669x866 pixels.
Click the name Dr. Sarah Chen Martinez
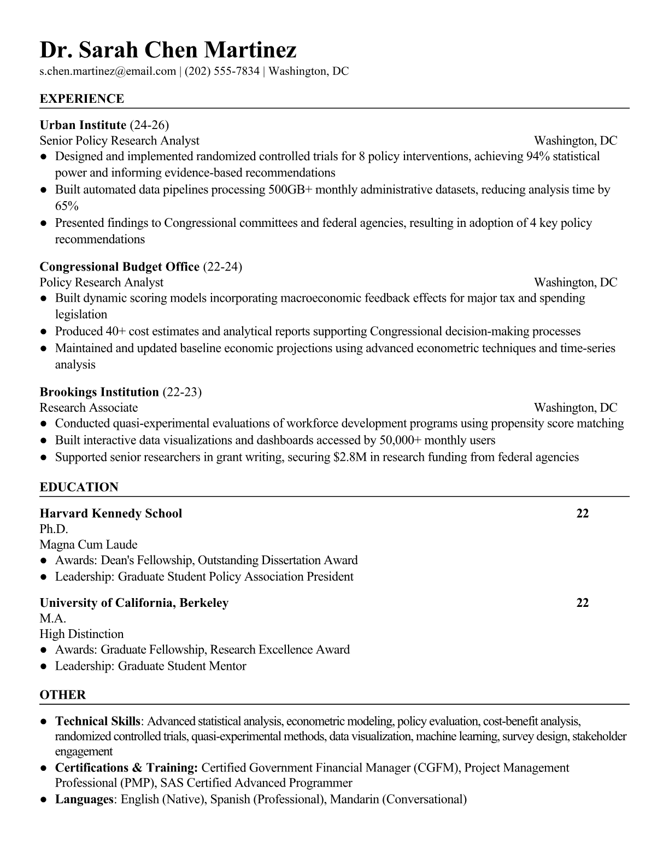click(168, 50)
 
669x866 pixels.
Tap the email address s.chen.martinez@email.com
click(108, 71)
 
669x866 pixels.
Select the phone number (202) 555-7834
click(222, 71)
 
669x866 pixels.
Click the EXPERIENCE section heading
click(82, 99)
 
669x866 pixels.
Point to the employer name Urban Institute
click(83, 125)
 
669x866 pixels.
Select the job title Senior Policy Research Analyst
click(119, 141)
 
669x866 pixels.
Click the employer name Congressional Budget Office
click(119, 266)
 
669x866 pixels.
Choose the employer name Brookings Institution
click(99, 392)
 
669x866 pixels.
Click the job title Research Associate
click(89, 408)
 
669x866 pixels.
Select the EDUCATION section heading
click(79, 487)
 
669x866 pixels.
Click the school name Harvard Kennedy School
click(111, 513)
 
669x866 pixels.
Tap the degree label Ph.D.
click(54, 529)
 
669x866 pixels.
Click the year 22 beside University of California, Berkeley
click(583, 603)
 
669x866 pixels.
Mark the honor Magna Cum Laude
click(89, 545)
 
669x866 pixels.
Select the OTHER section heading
click(63, 695)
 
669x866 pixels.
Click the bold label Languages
click(84, 799)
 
